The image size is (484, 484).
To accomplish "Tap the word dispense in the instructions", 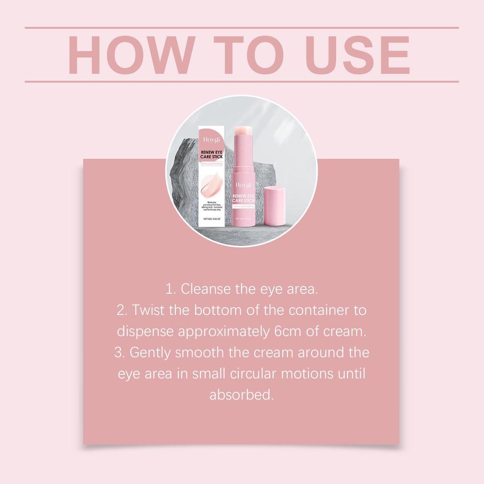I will [145, 331].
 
